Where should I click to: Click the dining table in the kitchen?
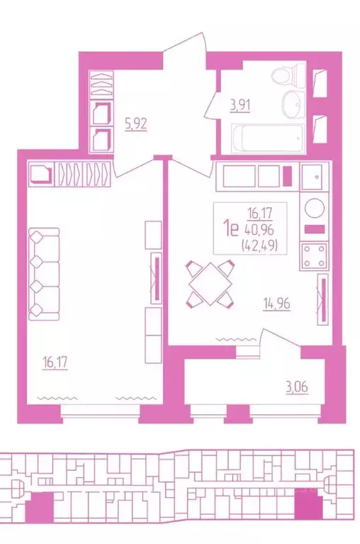[x=210, y=284]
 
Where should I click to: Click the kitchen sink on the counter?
[x=313, y=175]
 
